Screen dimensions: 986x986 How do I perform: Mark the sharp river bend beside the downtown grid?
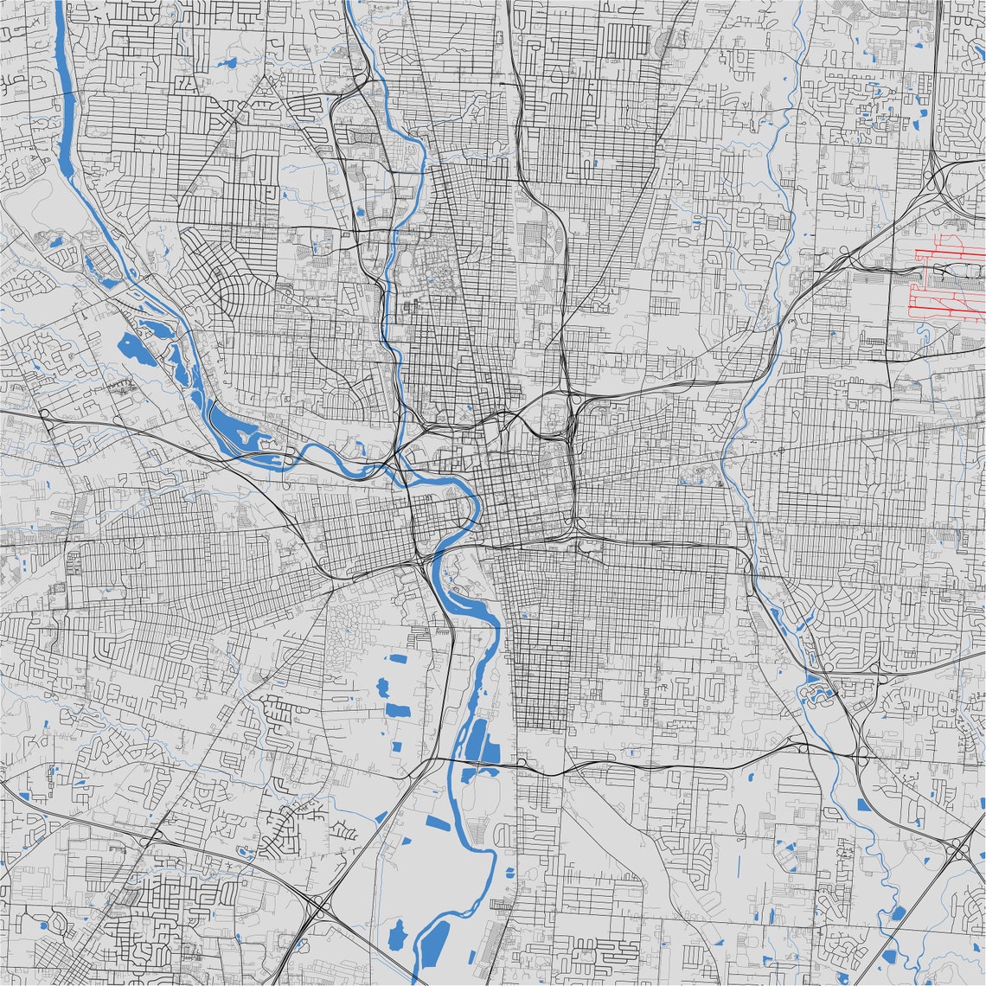click(474, 510)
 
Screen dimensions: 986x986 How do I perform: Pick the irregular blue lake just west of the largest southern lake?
click(397, 935)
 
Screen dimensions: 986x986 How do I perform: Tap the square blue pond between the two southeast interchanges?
click(864, 805)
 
